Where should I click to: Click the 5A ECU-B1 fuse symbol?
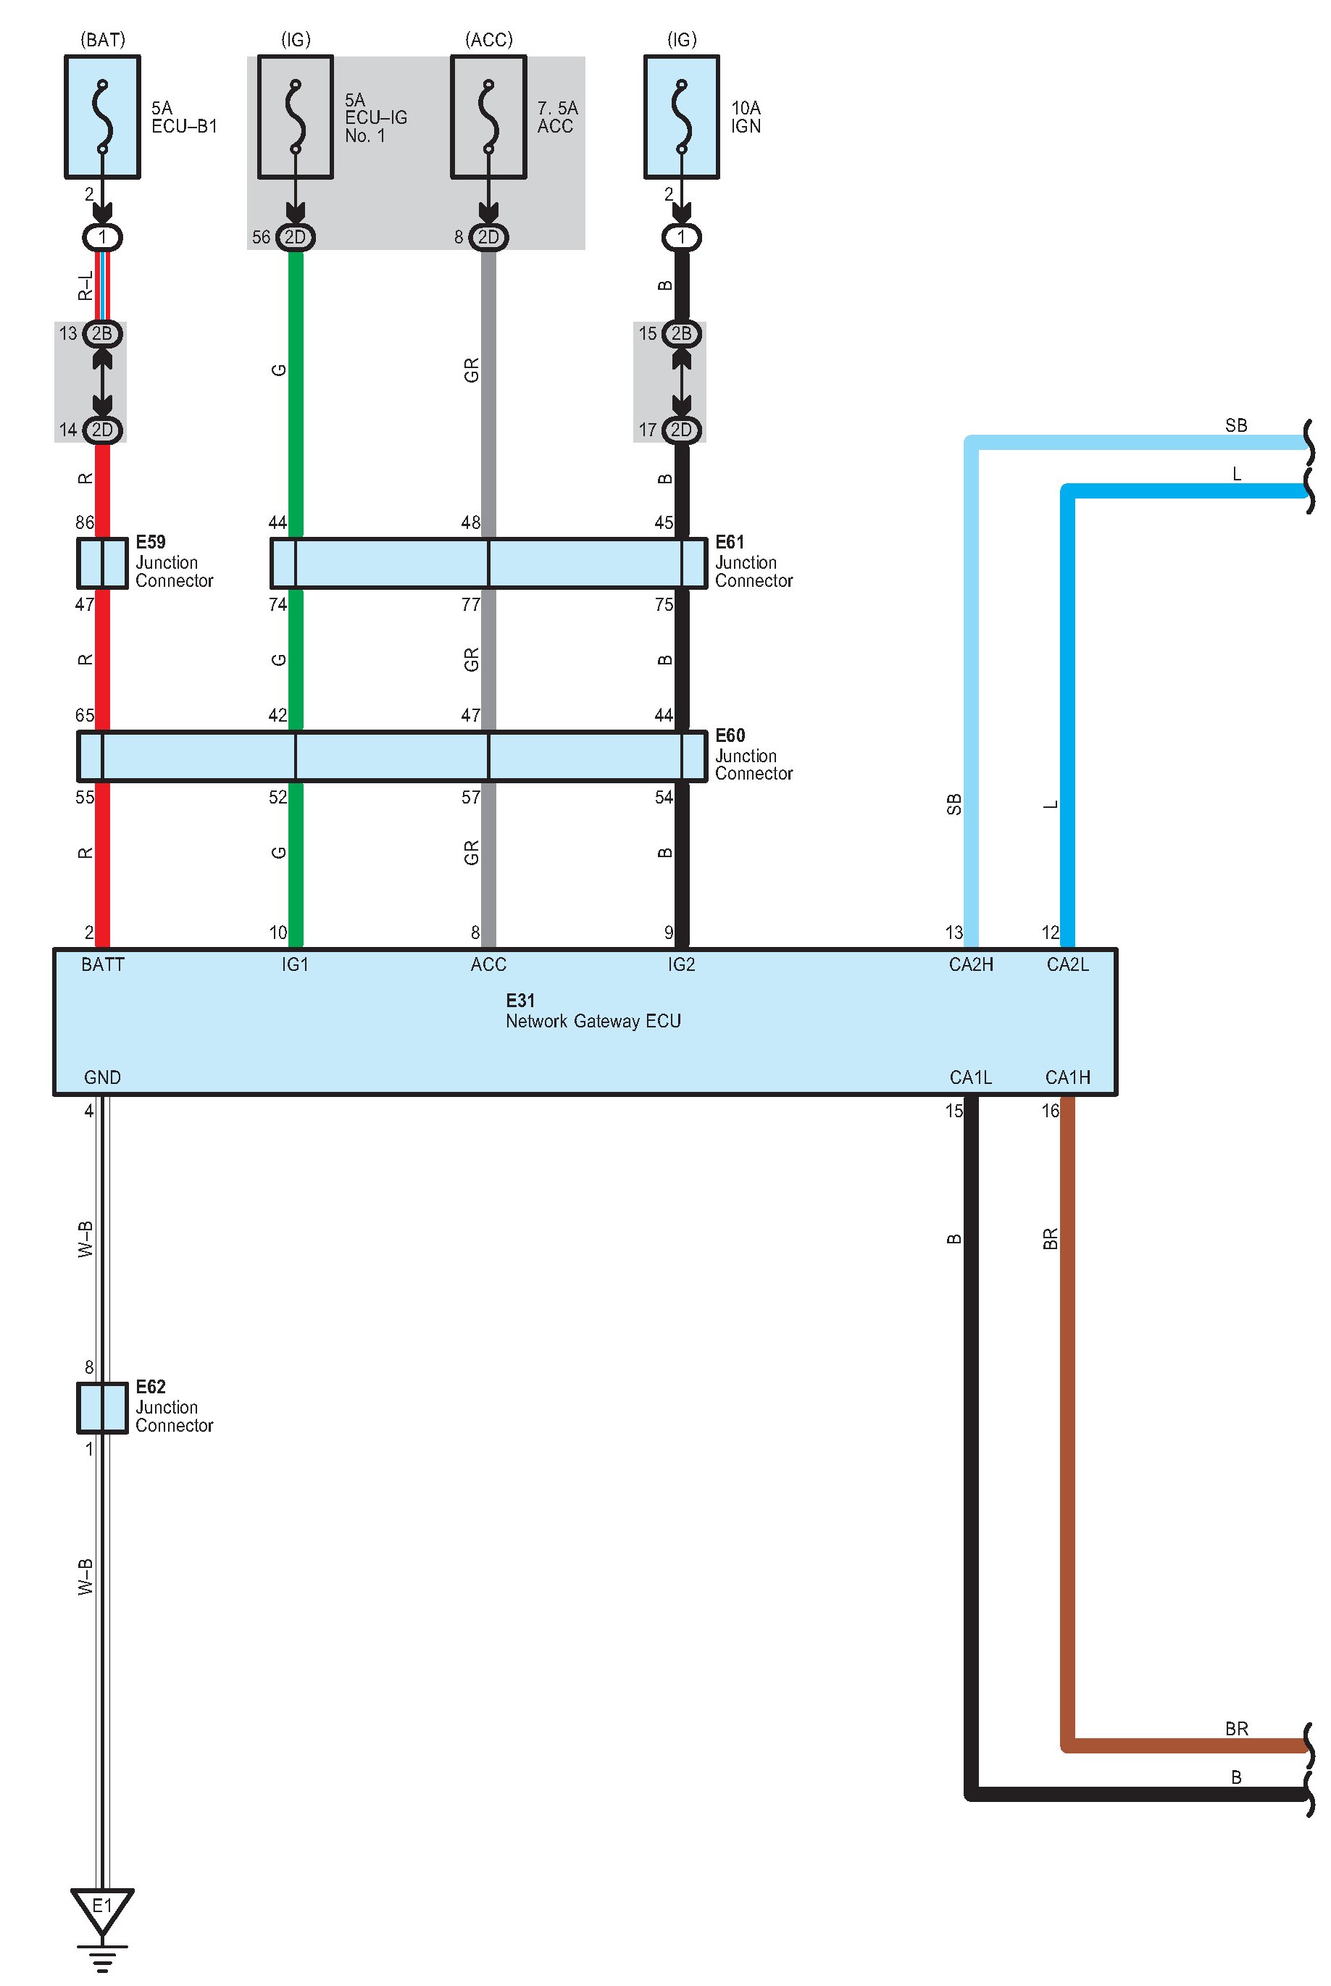[103, 117]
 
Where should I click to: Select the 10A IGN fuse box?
[682, 117]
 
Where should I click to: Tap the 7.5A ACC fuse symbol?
[488, 117]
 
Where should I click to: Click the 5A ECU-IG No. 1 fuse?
[296, 117]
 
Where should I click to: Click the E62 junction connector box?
[102, 1407]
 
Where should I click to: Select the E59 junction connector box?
[102, 563]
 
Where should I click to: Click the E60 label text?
[729, 735]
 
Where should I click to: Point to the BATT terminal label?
[103, 964]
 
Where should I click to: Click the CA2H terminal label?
[970, 964]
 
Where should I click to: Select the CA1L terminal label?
[970, 1077]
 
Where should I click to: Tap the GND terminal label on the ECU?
[102, 1077]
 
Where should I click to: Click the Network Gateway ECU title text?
[593, 1020]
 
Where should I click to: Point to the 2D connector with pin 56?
[296, 237]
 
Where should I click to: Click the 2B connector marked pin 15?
[681, 333]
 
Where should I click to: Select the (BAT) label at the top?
[103, 40]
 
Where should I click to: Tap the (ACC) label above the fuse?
[489, 40]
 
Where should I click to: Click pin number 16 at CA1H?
[1050, 1110]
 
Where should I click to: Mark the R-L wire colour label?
[85, 286]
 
